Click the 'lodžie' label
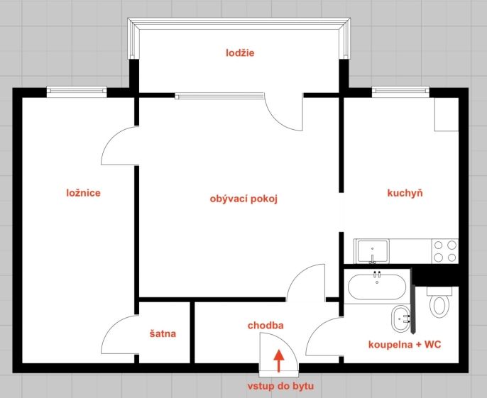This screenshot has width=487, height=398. tap(240, 52)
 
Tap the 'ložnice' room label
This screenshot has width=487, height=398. tap(84, 193)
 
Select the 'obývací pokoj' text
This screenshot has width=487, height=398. tap(243, 199)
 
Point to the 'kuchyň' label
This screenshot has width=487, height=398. tap(405, 193)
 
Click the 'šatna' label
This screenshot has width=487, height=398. tap(163, 333)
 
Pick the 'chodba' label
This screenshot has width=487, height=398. tap(266, 326)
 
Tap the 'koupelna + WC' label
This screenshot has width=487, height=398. tap(405, 345)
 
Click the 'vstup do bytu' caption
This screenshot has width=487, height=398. tap(280, 386)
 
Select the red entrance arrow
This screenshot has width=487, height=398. tap(279, 360)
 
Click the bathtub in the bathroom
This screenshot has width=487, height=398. tap(377, 287)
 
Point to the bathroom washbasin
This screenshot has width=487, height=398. tap(401, 319)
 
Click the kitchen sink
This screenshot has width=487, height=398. tap(373, 251)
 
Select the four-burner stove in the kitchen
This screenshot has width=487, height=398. tap(444, 251)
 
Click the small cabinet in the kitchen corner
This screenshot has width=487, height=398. tap(447, 114)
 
